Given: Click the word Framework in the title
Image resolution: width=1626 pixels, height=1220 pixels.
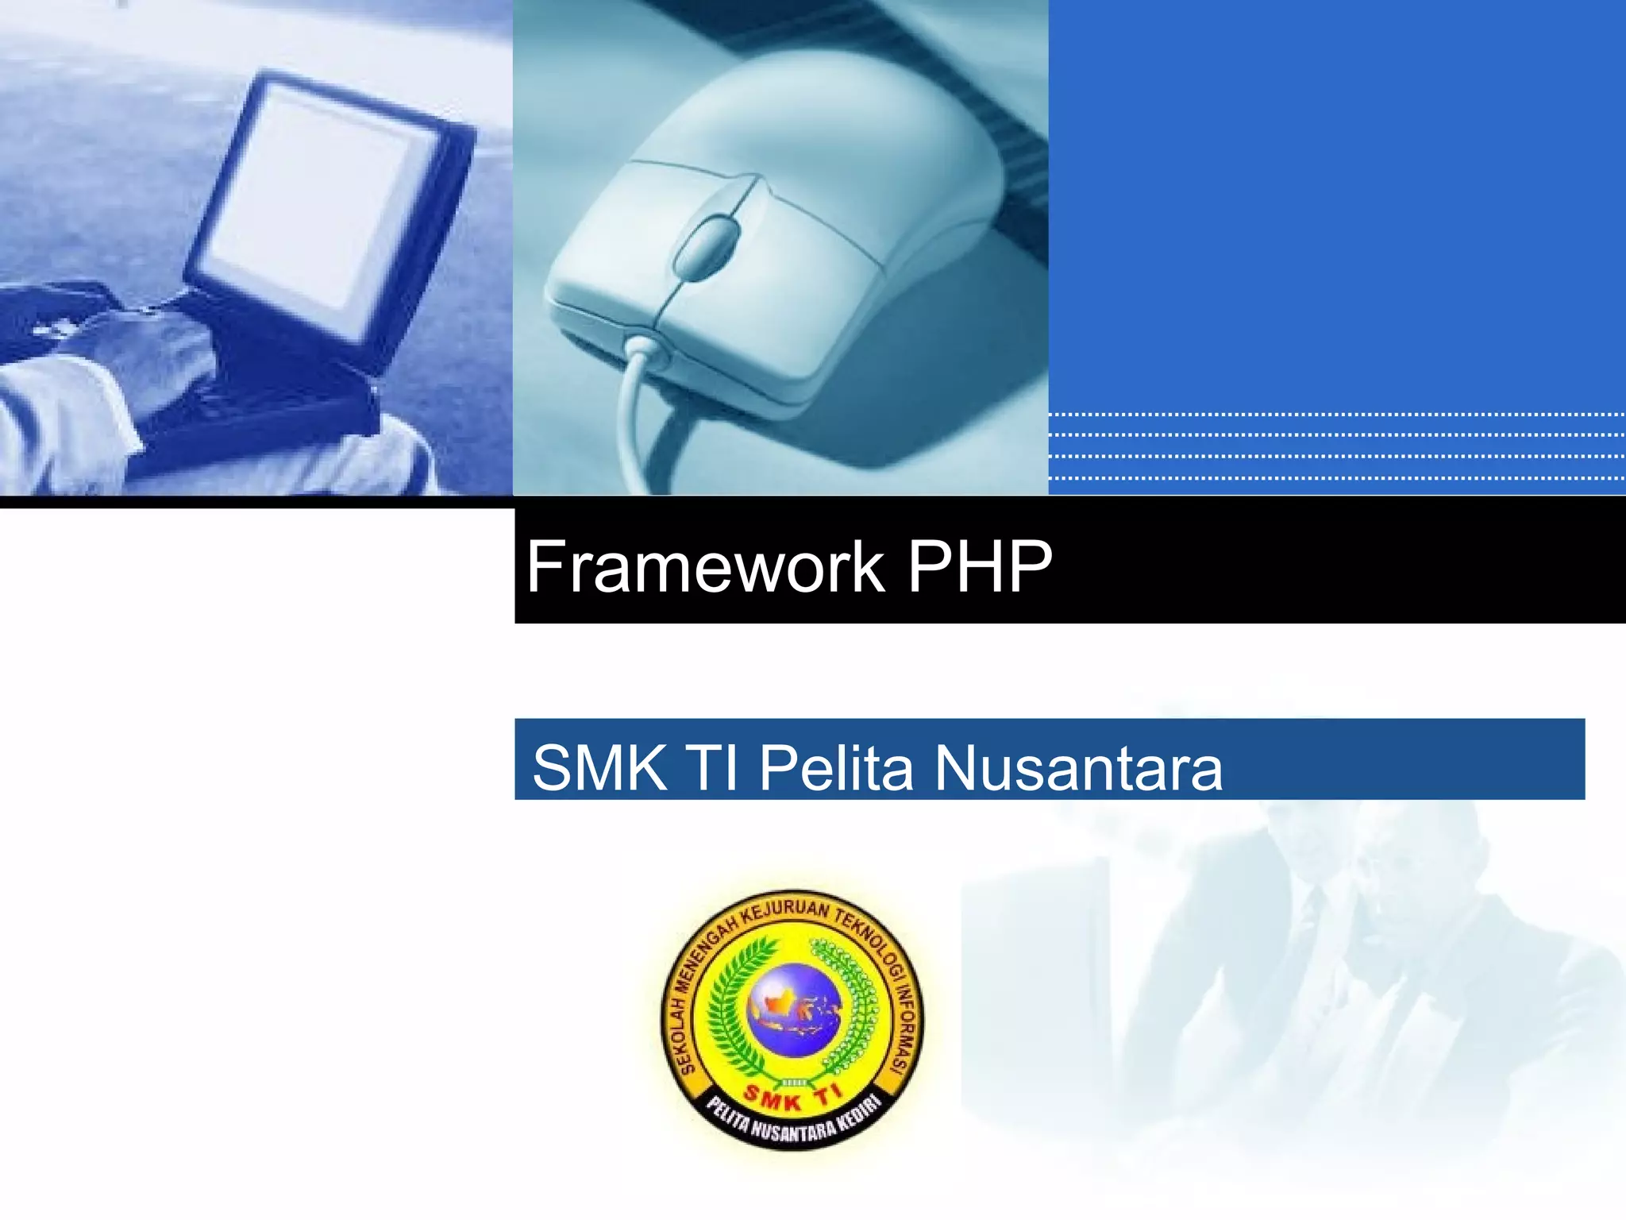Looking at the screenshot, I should click(705, 567).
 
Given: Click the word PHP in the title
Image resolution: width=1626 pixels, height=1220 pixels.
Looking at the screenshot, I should click(979, 567).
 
